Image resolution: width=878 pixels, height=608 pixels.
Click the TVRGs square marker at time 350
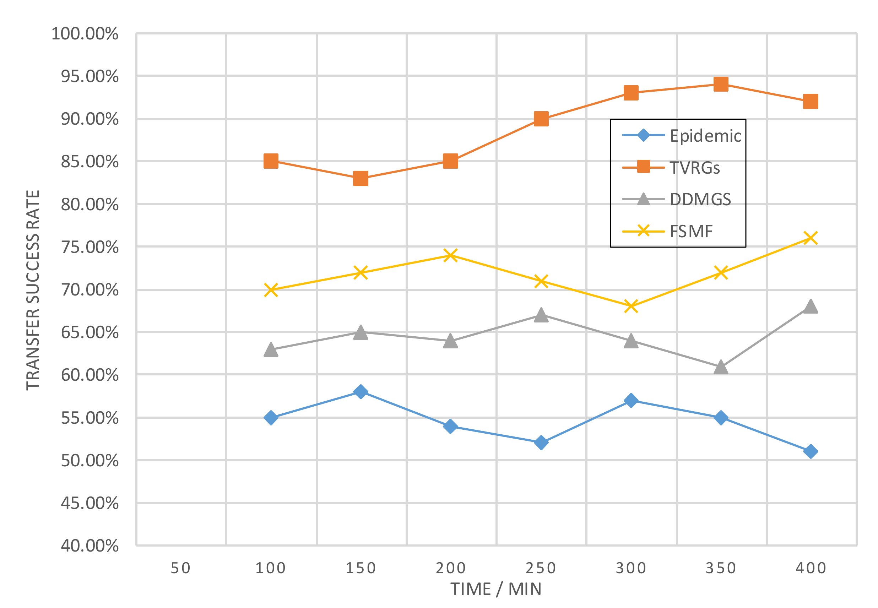(721, 84)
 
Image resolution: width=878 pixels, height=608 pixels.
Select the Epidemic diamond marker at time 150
(361, 392)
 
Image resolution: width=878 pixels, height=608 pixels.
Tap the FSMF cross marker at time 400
(811, 238)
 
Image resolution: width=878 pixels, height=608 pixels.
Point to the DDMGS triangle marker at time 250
(541, 315)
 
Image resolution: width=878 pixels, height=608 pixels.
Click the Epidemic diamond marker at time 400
(811, 451)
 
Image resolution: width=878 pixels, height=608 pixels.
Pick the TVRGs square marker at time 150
(361, 178)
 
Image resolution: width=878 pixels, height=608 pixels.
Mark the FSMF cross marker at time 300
(631, 306)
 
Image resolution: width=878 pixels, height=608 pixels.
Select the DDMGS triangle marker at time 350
(721, 367)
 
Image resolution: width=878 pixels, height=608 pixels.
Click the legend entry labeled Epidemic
(705, 136)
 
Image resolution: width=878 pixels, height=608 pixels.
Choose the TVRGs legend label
(695, 168)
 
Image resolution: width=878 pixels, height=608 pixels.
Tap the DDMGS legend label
(700, 199)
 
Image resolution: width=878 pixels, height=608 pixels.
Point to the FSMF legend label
(691, 231)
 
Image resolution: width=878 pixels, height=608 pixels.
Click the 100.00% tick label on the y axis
(85, 34)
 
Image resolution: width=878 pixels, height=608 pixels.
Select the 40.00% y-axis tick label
(90, 546)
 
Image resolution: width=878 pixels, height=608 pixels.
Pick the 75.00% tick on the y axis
(90, 247)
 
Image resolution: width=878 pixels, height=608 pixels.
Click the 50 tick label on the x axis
(180, 568)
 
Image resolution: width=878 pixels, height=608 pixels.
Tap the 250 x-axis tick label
(541, 568)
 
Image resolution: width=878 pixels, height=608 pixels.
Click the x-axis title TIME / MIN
(496, 589)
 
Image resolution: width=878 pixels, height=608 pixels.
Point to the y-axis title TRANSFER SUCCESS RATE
(33, 290)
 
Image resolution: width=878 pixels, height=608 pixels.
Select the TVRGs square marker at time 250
(541, 119)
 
